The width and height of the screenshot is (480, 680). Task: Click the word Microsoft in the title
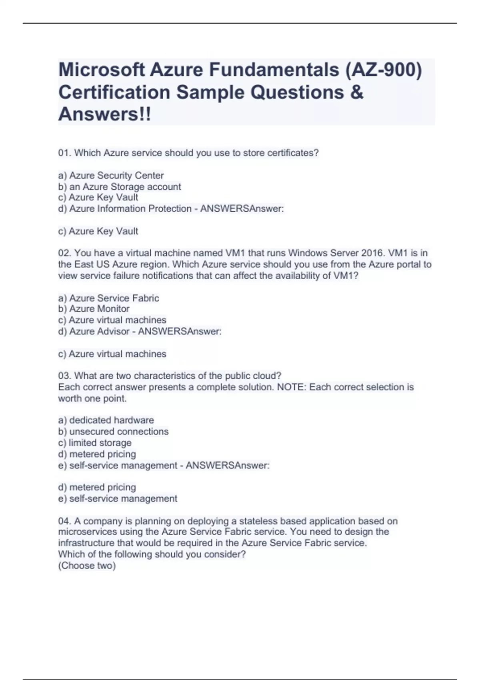pyautogui.click(x=102, y=70)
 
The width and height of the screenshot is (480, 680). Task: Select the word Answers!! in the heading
pyautogui.click(x=105, y=114)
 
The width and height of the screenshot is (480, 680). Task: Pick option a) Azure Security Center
pyautogui.click(x=111, y=175)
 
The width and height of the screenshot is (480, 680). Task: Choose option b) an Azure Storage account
pyautogui.click(x=120, y=187)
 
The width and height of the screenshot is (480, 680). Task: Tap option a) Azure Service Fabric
pyautogui.click(x=108, y=298)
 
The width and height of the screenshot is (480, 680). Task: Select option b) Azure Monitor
pyautogui.click(x=94, y=309)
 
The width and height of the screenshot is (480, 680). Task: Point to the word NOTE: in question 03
pyautogui.click(x=291, y=387)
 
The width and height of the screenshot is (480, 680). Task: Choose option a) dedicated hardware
pyautogui.click(x=106, y=420)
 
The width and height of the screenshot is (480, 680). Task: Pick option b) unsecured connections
pyautogui.click(x=113, y=432)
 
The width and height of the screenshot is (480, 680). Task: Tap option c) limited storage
pyautogui.click(x=95, y=443)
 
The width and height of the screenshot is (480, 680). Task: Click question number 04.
pyautogui.click(x=64, y=521)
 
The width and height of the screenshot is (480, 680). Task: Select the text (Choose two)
pyautogui.click(x=87, y=566)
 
